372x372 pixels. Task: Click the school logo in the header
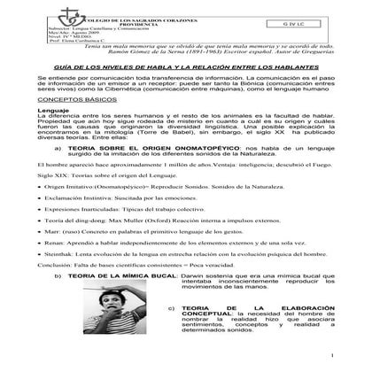click(50, 19)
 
